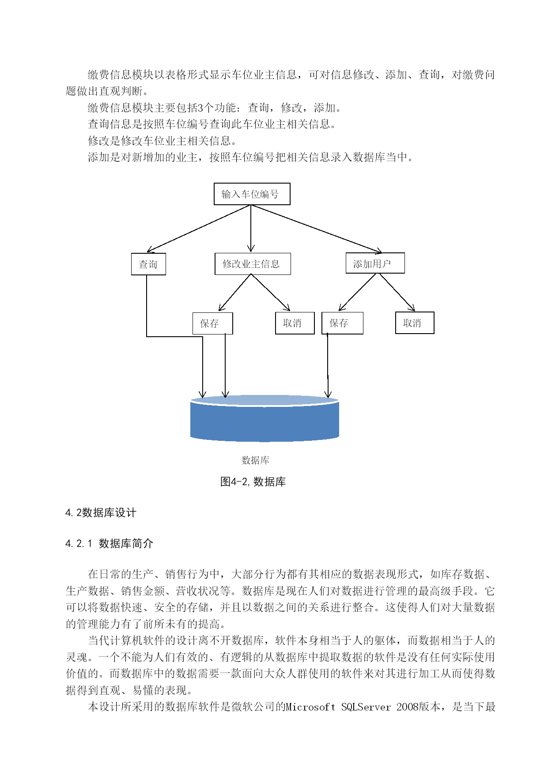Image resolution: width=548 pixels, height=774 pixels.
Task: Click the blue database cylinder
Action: (x=265, y=418)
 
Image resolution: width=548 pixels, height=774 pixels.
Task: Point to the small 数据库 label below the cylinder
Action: (x=255, y=460)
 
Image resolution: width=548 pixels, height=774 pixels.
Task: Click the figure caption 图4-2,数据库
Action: (x=253, y=481)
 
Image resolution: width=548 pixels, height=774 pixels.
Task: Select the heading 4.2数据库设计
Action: (x=101, y=513)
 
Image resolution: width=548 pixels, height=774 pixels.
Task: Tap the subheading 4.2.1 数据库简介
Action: (x=109, y=544)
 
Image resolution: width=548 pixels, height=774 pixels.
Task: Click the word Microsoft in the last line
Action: (x=310, y=707)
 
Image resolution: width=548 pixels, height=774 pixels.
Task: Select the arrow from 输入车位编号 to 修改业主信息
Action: (x=251, y=229)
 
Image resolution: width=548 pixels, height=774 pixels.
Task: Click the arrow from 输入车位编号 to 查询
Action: (x=199, y=229)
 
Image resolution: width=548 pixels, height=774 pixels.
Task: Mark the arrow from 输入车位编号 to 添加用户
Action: (x=316, y=229)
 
